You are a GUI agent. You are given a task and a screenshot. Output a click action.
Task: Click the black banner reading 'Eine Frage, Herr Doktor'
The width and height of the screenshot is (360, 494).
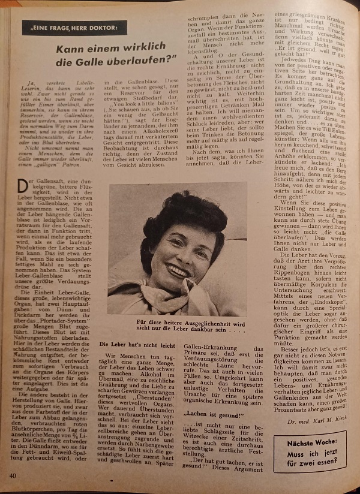[74, 28]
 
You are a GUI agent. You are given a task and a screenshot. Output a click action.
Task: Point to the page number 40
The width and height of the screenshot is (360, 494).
[13, 475]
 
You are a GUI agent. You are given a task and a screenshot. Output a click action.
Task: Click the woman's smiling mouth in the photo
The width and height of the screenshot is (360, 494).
[177, 271]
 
